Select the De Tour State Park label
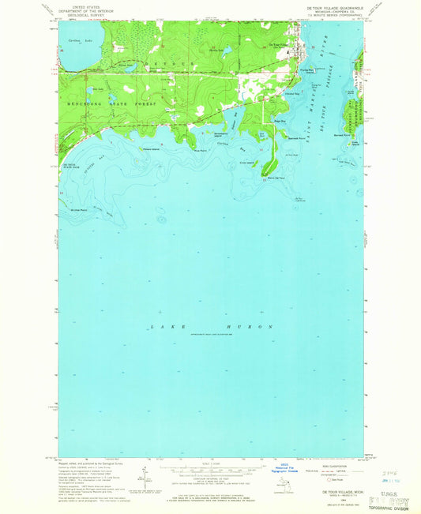pos(69,164)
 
